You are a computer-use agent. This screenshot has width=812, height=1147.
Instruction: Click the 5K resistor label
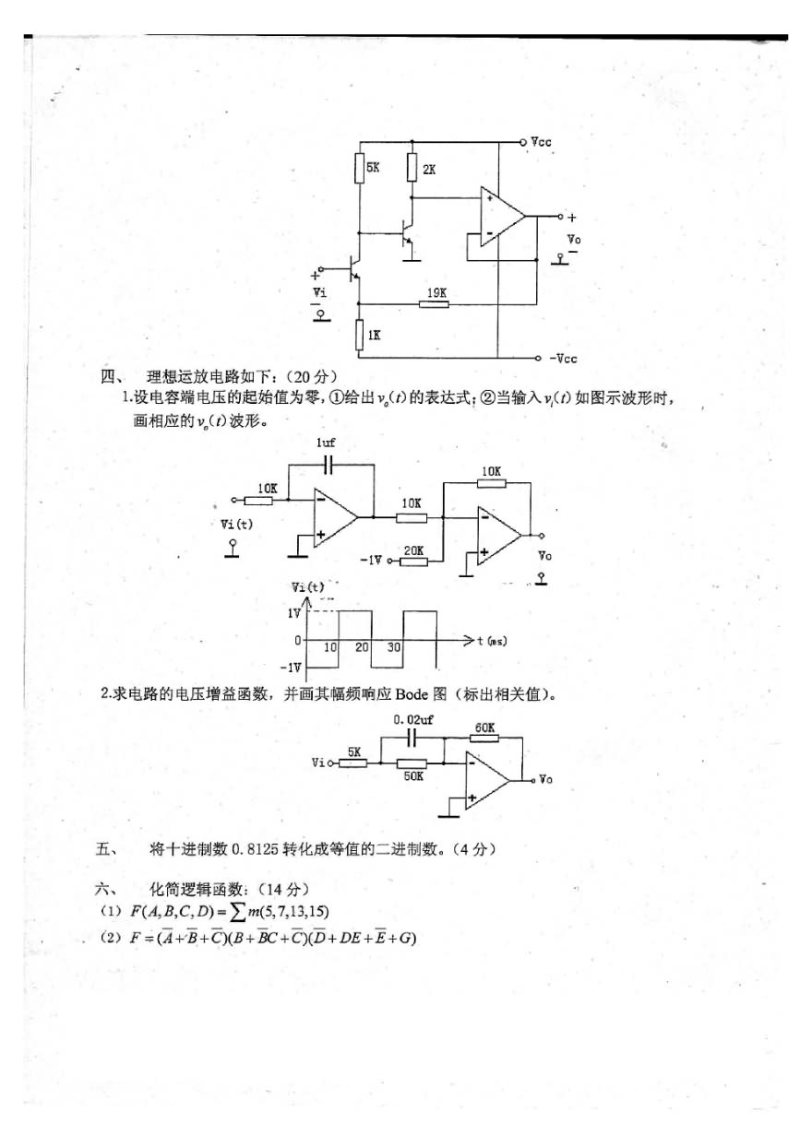(x=373, y=169)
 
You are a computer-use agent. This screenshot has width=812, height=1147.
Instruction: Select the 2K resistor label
(x=428, y=171)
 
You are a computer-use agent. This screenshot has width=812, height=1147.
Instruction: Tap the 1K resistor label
(x=374, y=336)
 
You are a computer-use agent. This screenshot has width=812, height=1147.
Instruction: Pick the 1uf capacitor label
(x=327, y=443)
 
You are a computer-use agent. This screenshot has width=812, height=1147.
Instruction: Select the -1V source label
(x=370, y=560)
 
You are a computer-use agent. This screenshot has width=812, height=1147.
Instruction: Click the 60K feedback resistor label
(x=485, y=727)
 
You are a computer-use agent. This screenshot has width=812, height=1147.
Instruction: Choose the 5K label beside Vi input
(x=354, y=751)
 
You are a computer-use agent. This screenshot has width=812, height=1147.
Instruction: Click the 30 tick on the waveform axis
(x=394, y=648)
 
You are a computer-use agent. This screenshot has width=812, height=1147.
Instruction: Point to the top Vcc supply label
(x=542, y=143)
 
